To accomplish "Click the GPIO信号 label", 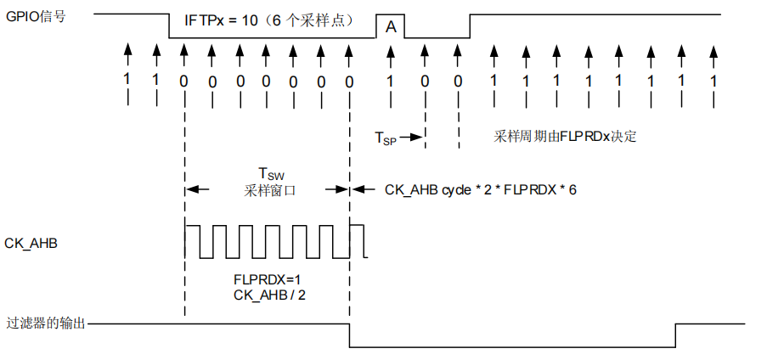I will pyautogui.click(x=42, y=15).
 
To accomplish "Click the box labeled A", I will pyautogui.click(x=391, y=26).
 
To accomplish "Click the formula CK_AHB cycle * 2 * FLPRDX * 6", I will pyautogui.click(x=481, y=189).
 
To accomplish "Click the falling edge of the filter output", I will pyautogui.click(x=350, y=335).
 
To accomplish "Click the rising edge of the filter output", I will pyautogui.click(x=676, y=335).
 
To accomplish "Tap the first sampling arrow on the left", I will pyautogui.click(x=128, y=54).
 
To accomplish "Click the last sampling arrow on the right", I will pyautogui.click(x=713, y=54).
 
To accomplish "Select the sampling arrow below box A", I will pyautogui.click(x=391, y=54).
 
